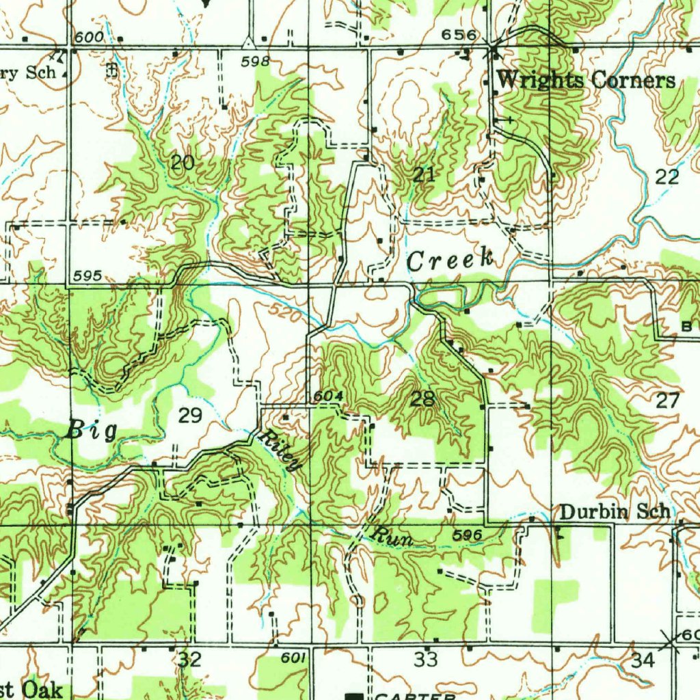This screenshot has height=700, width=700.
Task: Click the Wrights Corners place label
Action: click(x=586, y=81)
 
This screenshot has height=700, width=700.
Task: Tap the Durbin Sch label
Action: click(x=614, y=512)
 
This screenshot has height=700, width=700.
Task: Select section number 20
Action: click(x=183, y=163)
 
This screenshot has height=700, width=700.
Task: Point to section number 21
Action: click(x=424, y=174)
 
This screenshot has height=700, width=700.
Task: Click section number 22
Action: click(x=667, y=177)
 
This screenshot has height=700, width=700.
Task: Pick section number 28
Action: click(x=422, y=399)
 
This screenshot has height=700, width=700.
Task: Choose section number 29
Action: click(x=190, y=415)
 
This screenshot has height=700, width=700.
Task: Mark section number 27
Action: click(x=667, y=401)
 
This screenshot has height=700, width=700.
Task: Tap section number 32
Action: click(x=190, y=660)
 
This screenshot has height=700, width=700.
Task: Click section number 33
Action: click(x=426, y=660)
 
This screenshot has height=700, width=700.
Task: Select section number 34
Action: click(x=643, y=660)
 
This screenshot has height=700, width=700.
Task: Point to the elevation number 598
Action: click(x=255, y=62)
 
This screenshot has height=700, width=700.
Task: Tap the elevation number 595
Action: click(x=89, y=275)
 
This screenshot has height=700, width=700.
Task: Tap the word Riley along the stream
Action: click(x=280, y=451)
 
